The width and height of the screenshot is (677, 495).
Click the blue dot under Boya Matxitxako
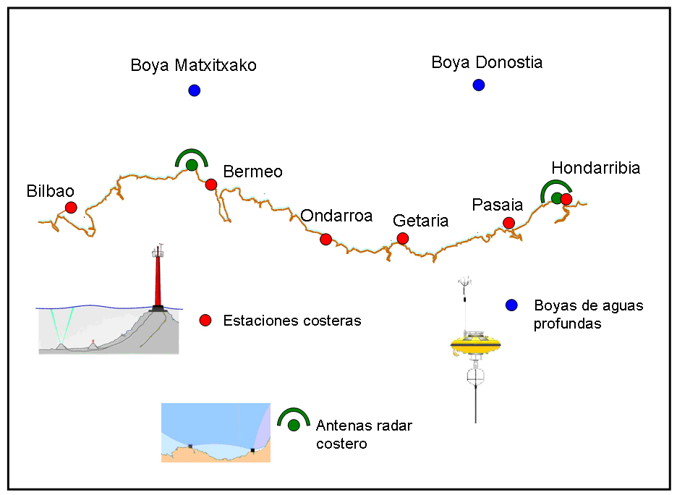[x=194, y=90]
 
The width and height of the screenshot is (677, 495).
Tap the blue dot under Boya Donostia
[x=478, y=85]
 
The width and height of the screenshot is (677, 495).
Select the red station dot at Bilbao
[x=71, y=208]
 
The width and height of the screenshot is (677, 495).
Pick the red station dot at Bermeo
[x=211, y=185]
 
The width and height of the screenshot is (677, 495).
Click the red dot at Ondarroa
[x=325, y=239]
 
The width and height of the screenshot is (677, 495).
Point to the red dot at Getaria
[x=403, y=238]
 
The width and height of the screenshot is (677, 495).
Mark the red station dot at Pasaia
[x=508, y=223]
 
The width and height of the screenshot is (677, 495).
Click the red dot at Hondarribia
[x=566, y=199]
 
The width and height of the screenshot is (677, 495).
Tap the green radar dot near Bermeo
[x=192, y=166]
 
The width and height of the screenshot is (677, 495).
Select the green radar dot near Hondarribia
[x=555, y=198]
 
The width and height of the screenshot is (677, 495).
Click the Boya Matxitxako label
[x=193, y=66]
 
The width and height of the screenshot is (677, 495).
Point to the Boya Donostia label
[x=487, y=63]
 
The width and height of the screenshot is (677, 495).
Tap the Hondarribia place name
[x=595, y=168]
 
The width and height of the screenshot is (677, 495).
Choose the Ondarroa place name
[x=336, y=216]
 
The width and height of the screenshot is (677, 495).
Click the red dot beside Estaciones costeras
[x=205, y=320]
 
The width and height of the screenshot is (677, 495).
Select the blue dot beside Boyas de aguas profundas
[x=512, y=305]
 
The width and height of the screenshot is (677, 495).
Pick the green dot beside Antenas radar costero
[x=294, y=425]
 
